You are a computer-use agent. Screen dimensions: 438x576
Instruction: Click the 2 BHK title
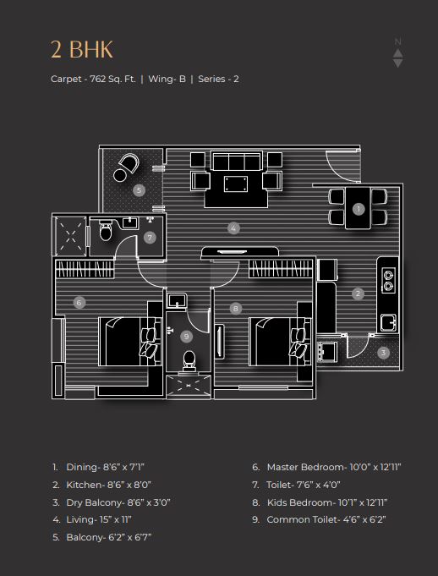[82, 50]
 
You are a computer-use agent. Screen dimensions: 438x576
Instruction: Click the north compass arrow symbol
[398, 53]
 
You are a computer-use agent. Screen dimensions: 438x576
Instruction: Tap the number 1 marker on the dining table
[359, 210]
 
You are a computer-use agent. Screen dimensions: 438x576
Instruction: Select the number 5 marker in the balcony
[139, 190]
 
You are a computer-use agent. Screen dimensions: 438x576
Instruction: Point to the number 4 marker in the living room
[233, 228]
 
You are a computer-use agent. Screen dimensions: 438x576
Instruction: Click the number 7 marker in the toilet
[150, 238]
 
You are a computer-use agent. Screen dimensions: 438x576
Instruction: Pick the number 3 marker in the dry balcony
[383, 353]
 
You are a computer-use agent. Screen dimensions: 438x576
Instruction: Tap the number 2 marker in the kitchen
[358, 293]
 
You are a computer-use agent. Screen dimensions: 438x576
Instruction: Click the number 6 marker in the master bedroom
[79, 303]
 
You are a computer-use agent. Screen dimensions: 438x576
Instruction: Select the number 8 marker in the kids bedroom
[236, 309]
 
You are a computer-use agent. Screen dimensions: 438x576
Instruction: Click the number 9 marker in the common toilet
[187, 336]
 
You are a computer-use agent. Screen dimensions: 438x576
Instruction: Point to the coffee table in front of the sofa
[236, 184]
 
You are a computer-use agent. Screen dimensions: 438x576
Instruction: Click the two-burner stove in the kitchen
[388, 280]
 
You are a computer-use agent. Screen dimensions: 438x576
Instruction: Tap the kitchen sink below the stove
[388, 322]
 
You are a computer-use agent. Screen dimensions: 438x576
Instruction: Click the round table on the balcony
[120, 175]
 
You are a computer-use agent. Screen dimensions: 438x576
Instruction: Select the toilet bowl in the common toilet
[189, 360]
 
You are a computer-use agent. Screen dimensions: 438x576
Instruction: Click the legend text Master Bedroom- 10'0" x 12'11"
[334, 467]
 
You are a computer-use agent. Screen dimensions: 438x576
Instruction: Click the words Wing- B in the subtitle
[167, 79]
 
